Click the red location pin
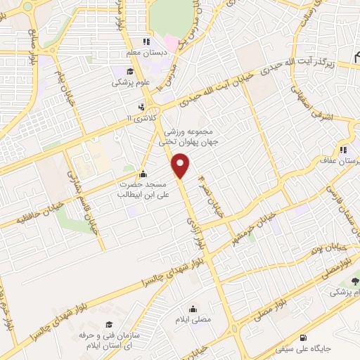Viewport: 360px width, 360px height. [181, 165]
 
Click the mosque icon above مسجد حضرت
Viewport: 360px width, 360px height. [144, 174]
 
